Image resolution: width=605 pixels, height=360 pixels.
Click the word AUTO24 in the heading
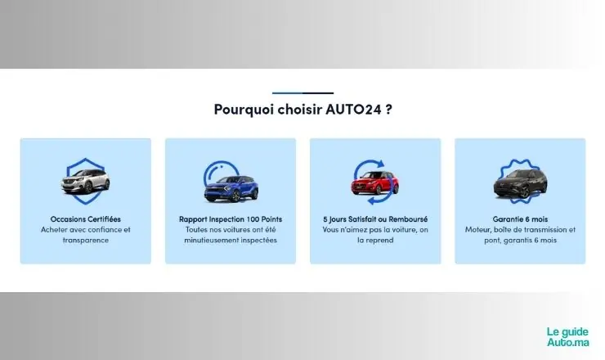(353, 109)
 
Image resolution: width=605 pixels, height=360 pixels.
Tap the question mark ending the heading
(388, 109)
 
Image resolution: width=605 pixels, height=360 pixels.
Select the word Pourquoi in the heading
(244, 110)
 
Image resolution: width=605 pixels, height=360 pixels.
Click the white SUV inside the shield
(85, 181)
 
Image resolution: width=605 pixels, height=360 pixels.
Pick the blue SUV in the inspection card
(231, 188)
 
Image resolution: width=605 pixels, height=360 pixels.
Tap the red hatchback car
(374, 182)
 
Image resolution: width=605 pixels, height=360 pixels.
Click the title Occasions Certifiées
(86, 219)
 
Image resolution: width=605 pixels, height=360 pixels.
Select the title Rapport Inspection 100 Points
(231, 219)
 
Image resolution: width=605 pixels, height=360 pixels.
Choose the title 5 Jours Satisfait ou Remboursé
(375, 219)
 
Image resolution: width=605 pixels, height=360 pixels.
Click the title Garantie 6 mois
(520, 219)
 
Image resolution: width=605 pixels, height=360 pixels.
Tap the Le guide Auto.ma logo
(568, 337)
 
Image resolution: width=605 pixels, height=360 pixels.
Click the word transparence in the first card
(86, 241)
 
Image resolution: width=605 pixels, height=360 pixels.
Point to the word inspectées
(259, 241)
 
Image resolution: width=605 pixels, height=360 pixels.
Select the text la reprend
(375, 241)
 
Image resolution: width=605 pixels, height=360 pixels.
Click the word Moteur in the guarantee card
(477, 230)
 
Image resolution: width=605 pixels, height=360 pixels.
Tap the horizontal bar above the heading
(302, 93)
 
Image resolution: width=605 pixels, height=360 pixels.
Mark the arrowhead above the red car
(380, 164)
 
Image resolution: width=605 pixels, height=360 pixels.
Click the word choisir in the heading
(300, 109)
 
